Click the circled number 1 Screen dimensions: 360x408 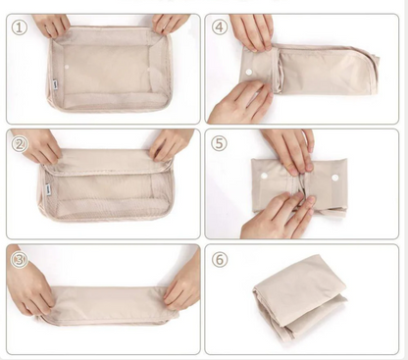pyautogui.click(x=19, y=27)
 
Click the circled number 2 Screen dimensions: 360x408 pyautogui.click(x=19, y=143)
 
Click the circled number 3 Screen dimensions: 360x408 pyautogui.click(x=19, y=260)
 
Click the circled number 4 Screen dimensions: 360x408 pyautogui.click(x=219, y=27)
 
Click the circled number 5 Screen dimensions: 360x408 pyautogui.click(x=219, y=143)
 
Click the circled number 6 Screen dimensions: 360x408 pyautogui.click(x=219, y=260)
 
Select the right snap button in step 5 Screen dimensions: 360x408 pyautogui.click(x=334, y=179)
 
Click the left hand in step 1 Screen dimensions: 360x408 pyautogui.click(x=52, y=24)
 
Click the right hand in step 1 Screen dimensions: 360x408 pyautogui.click(x=170, y=22)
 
